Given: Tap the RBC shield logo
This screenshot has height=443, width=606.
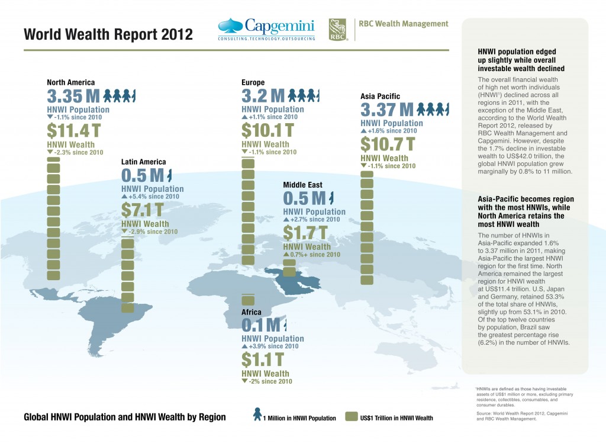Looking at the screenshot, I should pos(338,29).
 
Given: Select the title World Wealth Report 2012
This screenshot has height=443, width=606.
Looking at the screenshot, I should pos(108,34).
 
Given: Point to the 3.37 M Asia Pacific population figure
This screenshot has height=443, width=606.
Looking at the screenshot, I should pos(386,110).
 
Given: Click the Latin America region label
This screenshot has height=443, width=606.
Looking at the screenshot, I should pos(143,161).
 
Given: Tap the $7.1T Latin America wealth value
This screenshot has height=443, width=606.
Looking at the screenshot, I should pos(142,210).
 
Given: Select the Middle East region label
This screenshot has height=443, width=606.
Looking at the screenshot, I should pos(302,185).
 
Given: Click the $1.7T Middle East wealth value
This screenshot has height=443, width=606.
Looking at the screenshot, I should pos(305,233).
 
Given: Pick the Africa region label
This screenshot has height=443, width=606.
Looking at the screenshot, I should pos(252,312).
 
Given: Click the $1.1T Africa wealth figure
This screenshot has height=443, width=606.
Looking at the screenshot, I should pos(262,359).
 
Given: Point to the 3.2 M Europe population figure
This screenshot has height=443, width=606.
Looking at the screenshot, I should pos(263,96).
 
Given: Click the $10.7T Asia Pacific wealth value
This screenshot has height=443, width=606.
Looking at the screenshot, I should pos(388,144).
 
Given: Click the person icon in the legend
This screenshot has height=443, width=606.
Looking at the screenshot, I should pos(257,415).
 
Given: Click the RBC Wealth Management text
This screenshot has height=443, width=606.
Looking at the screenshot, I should pos(404,24).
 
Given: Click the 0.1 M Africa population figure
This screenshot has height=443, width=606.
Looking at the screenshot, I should pos(260,325).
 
